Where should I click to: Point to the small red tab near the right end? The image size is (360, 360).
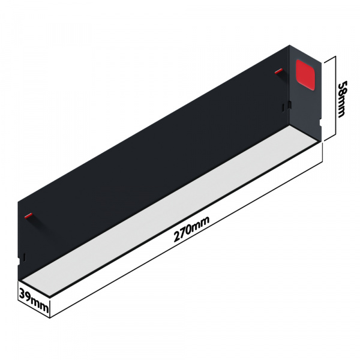(x=278, y=73)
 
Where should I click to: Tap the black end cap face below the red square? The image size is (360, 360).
(x=306, y=108)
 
